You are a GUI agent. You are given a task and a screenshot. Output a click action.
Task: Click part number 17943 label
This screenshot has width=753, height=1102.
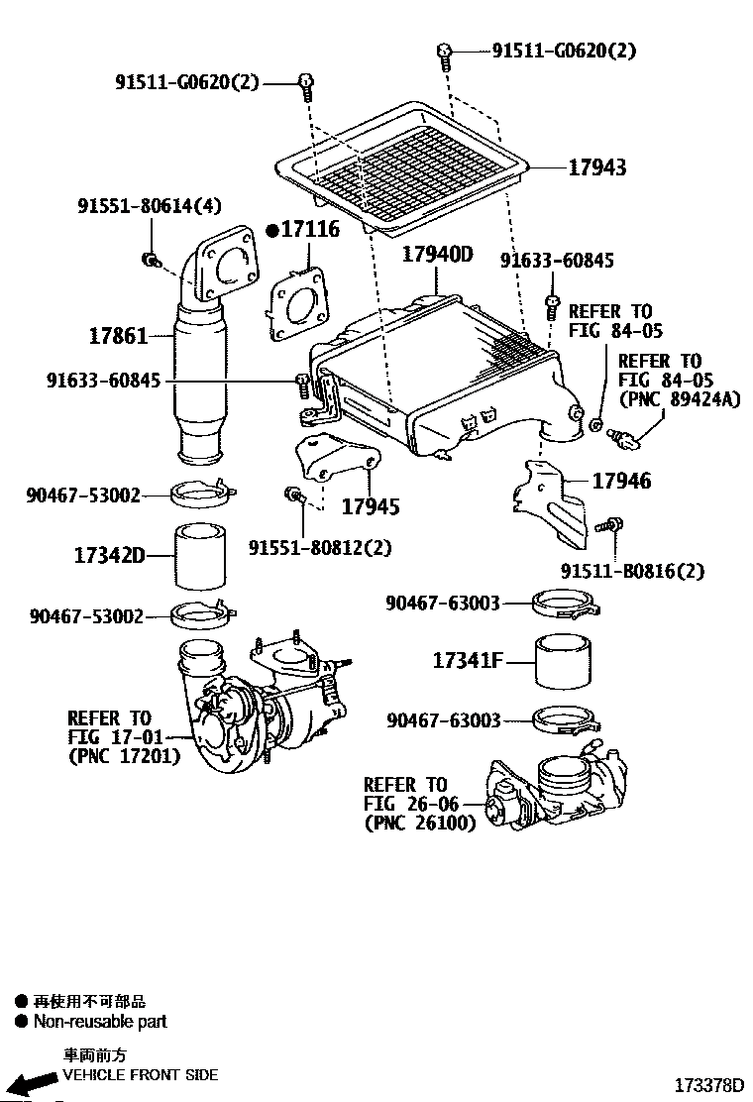596,168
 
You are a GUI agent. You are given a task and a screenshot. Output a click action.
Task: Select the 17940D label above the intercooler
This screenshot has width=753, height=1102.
437,255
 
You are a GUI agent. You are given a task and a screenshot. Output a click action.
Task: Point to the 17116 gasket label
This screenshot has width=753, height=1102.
310,230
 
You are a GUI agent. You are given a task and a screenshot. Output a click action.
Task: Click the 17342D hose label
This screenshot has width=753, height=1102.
108,555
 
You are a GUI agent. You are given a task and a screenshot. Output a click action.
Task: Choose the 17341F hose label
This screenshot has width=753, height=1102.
468,659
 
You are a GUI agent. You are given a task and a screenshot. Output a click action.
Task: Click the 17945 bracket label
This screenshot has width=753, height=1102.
371,507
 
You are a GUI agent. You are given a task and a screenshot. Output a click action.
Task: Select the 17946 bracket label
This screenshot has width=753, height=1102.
621,482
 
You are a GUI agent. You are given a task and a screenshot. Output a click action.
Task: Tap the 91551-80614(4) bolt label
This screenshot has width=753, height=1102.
150,206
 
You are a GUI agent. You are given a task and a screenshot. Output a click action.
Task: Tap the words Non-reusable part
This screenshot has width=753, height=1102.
100,1022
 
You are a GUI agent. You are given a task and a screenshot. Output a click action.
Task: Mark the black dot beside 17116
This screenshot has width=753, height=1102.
272,230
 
